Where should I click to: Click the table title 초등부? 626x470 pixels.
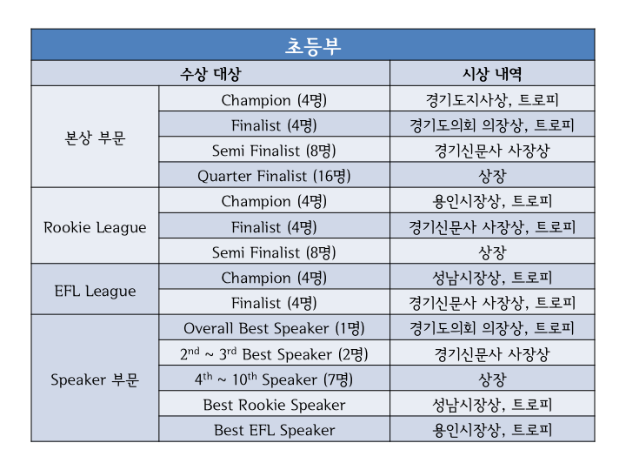coord(313,46)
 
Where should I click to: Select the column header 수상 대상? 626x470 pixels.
coord(210,74)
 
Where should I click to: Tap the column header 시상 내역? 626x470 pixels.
coord(492,74)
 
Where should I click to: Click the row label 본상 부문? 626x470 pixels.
coord(95,138)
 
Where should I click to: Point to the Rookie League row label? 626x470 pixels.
coord(95,227)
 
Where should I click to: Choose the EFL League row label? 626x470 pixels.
coord(95,291)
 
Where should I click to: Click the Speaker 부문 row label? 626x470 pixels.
coord(95,379)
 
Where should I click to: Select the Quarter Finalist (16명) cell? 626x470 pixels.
coord(274,176)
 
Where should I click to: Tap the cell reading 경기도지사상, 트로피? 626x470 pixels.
coord(492,100)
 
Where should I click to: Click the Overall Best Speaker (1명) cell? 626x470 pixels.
coord(274,328)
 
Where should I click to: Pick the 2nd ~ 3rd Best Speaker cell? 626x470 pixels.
coord(274,354)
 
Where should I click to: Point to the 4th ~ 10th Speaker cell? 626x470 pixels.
coord(274,379)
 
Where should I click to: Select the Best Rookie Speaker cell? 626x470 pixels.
coord(274,405)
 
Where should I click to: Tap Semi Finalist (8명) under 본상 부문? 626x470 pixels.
coord(274,151)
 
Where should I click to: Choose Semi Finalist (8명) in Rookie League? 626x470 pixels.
coord(274,252)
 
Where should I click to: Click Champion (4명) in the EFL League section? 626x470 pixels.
coord(274,278)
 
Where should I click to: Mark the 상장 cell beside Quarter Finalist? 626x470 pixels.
coord(492,176)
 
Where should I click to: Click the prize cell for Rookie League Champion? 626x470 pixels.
coord(492,201)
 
